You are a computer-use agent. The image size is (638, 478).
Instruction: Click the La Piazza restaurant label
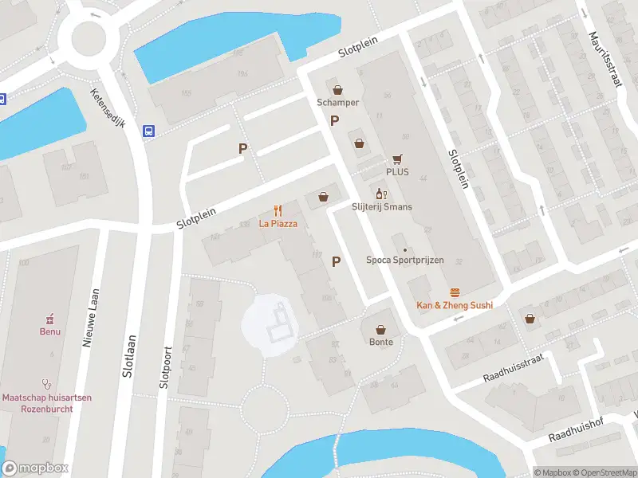[x=278, y=224]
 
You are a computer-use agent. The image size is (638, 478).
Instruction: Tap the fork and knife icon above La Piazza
[x=278, y=210]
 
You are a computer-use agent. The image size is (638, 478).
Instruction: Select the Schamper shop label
[x=337, y=103]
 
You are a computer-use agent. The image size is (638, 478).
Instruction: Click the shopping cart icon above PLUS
[x=396, y=159]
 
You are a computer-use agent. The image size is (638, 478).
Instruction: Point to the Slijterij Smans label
[x=381, y=207]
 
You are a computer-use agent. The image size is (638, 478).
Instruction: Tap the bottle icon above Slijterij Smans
[x=381, y=194]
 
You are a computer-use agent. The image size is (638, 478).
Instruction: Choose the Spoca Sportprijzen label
[x=404, y=261]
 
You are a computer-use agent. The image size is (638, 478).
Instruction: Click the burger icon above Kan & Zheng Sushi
[x=455, y=292]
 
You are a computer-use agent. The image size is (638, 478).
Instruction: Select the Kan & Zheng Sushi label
[x=455, y=305]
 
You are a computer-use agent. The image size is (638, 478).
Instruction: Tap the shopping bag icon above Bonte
[x=381, y=329]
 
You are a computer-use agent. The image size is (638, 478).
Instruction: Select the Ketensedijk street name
[x=108, y=109]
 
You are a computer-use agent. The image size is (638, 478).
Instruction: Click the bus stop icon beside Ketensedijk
[x=148, y=131]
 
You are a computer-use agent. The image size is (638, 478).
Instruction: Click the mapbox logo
[x=36, y=468]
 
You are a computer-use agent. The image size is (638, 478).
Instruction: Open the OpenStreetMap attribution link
[x=605, y=472]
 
